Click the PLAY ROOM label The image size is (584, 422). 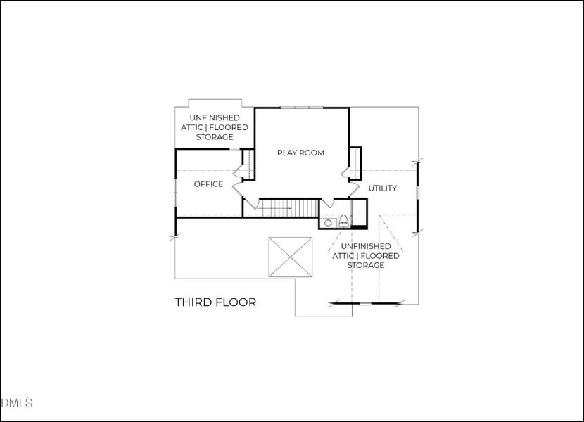tap(300, 153)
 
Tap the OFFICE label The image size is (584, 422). tap(208, 184)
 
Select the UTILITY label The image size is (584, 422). tap(383, 188)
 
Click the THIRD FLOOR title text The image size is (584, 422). tap(215, 302)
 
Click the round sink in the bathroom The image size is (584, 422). tap(328, 224)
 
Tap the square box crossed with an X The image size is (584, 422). tap(291, 258)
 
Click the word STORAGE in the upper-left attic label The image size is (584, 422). tap(215, 136)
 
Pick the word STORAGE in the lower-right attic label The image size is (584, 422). tap(365, 265)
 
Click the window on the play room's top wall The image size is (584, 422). tap(301, 108)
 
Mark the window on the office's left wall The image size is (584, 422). tap(175, 192)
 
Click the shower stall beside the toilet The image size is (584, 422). tap(359, 212)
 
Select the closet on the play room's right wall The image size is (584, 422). tap(355, 163)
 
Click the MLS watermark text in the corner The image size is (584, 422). tap(17, 403)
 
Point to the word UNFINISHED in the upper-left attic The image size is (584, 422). tap(215, 117)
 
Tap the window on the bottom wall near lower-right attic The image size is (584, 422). tap(364, 304)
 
